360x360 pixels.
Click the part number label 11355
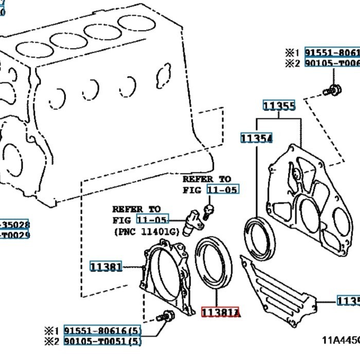tap(279, 106)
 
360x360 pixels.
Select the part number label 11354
tap(256, 138)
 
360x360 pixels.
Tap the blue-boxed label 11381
tap(106, 266)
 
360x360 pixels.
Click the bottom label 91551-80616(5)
tap(102, 330)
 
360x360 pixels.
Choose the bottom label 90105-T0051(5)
tap(102, 340)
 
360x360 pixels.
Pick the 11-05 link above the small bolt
tap(223, 190)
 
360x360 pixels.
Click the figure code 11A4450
tap(340, 340)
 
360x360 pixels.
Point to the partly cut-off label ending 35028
tap(15, 225)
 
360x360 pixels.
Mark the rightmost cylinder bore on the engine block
tap(136, 23)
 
